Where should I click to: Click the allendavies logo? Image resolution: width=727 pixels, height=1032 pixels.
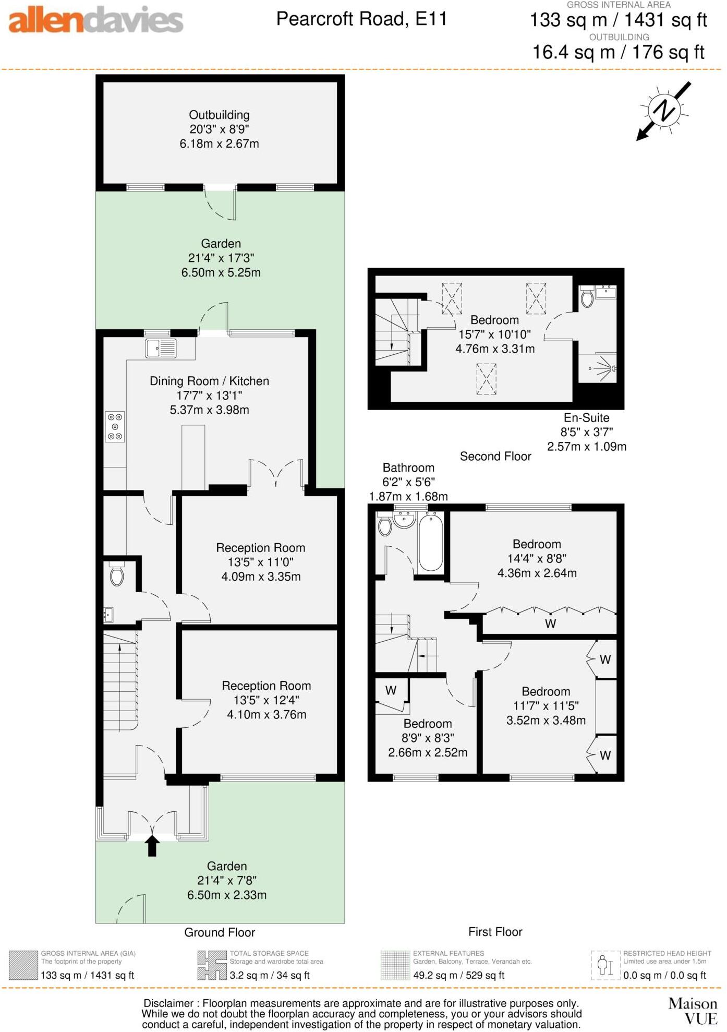[x=96, y=21]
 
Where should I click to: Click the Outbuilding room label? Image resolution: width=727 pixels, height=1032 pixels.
[x=219, y=115]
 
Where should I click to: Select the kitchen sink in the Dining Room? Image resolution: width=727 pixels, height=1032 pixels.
[x=161, y=348]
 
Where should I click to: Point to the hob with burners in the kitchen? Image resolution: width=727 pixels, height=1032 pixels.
[x=115, y=426]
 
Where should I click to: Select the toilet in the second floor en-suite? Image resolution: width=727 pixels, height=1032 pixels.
[x=587, y=298]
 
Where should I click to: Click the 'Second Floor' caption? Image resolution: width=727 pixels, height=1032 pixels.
[x=495, y=457]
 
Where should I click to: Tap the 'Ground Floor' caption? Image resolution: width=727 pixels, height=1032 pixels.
[x=220, y=932]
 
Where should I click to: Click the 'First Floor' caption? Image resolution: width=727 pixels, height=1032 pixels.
[x=495, y=932]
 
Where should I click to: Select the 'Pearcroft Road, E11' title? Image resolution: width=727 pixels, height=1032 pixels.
[x=361, y=19]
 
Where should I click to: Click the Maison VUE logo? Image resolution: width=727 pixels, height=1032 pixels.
[x=693, y=1011]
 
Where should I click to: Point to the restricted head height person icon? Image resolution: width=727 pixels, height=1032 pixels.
[x=605, y=965]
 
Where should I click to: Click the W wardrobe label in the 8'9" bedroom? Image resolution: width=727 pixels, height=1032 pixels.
[x=391, y=690]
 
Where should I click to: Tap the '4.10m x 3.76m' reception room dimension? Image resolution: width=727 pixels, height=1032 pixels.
[x=266, y=714]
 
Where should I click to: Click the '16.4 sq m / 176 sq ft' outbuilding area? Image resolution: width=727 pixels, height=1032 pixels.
[x=618, y=52]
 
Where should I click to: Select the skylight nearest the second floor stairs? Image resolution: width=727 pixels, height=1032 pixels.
[x=452, y=298]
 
